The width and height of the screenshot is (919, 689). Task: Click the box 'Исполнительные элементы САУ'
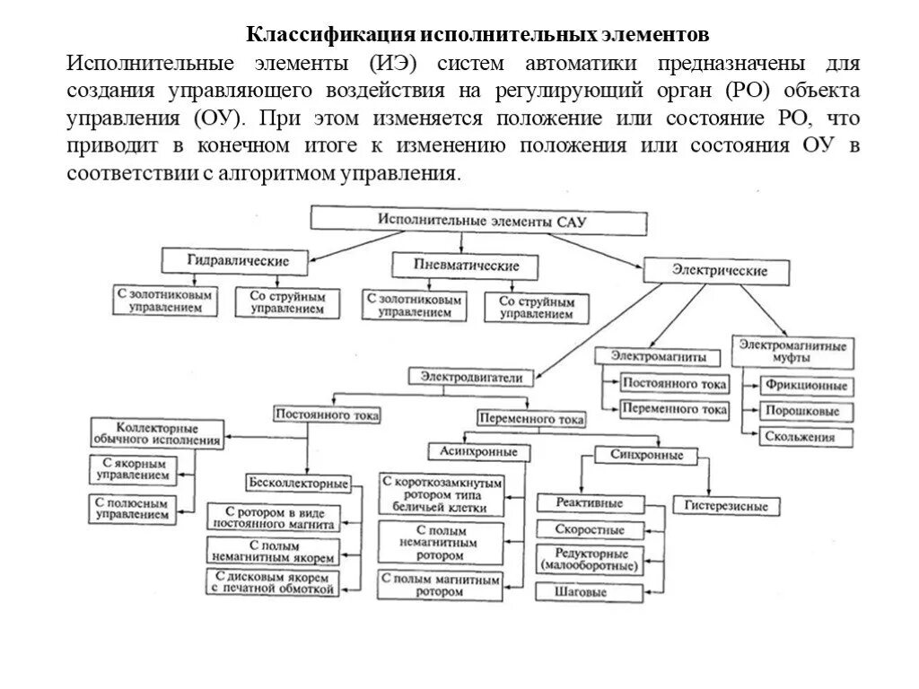pyautogui.click(x=478, y=221)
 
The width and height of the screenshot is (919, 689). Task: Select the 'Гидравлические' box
pyautogui.click(x=237, y=261)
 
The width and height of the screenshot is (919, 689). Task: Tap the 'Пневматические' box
pyautogui.click(x=467, y=266)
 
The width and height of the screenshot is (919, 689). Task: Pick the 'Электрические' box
pyautogui.click(x=719, y=271)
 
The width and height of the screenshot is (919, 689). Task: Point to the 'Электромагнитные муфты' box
pyautogui.click(x=792, y=350)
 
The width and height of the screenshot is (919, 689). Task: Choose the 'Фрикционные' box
pyautogui.click(x=805, y=386)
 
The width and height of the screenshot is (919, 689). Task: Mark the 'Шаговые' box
pyautogui.click(x=588, y=592)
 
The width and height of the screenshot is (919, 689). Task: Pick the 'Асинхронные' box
pyautogui.click(x=478, y=451)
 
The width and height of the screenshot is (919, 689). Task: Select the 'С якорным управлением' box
pyautogui.click(x=132, y=469)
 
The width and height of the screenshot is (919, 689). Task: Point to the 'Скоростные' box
pyautogui.click(x=590, y=529)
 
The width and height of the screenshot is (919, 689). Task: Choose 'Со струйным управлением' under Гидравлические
pyautogui.click(x=287, y=302)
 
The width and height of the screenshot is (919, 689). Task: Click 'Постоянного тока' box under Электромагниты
pyautogui.click(x=674, y=385)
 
